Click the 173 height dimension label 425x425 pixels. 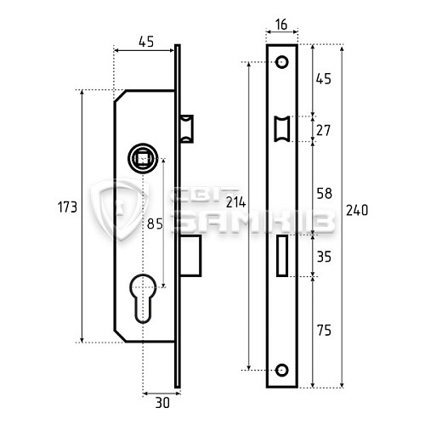click(x=67, y=207)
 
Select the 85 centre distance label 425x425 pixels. click(x=155, y=224)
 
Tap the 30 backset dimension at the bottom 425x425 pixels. click(x=162, y=403)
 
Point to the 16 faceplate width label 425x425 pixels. click(x=281, y=25)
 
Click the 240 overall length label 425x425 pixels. click(x=357, y=211)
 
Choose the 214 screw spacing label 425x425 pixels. click(x=235, y=202)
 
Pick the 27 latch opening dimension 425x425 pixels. click(x=323, y=131)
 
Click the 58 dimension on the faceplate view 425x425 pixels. click(x=324, y=194)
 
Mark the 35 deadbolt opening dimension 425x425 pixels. click(x=324, y=257)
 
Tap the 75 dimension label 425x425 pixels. click(x=324, y=331)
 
